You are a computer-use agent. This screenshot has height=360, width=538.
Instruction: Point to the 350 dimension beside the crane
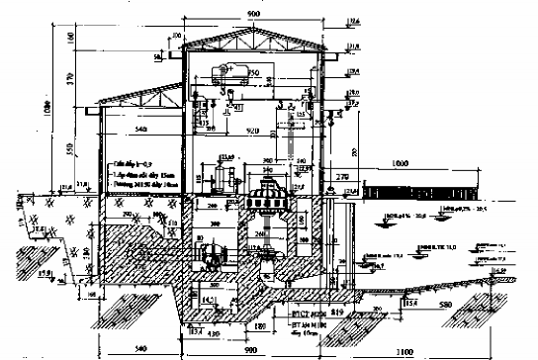[x=253, y=73]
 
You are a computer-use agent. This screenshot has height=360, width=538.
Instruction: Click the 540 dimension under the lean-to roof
[x=141, y=130]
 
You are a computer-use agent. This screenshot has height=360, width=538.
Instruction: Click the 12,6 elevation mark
[x=354, y=21]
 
